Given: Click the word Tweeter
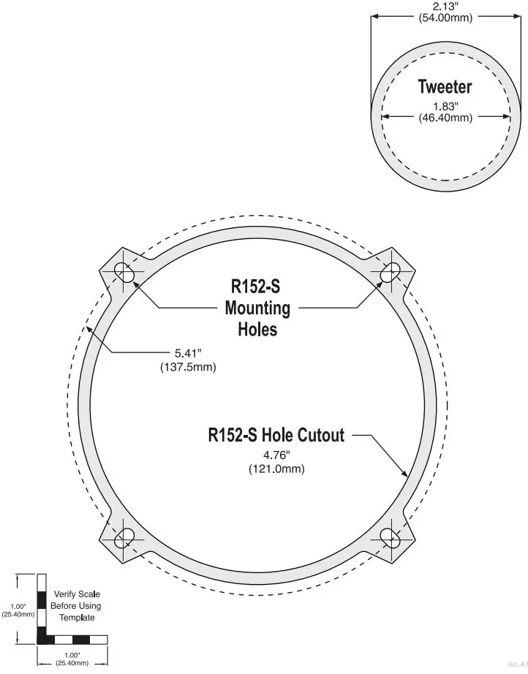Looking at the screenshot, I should pyautogui.click(x=445, y=87).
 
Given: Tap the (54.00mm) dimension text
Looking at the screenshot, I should pyautogui.click(x=445, y=18).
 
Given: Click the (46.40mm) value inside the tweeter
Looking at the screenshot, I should pyautogui.click(x=445, y=117).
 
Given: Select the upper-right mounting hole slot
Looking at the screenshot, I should pyautogui.click(x=389, y=272).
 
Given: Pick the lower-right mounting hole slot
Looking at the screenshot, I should pyautogui.click(x=389, y=538).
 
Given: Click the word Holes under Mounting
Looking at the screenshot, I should pyautogui.click(x=257, y=330).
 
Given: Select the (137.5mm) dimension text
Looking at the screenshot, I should pyautogui.click(x=188, y=367).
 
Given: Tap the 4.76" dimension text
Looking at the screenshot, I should pyautogui.click(x=276, y=455).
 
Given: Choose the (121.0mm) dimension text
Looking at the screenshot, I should pyautogui.click(x=276, y=468).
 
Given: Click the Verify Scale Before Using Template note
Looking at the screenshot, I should pyautogui.click(x=76, y=605).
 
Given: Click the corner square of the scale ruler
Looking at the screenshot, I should pyautogui.click(x=42, y=640).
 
